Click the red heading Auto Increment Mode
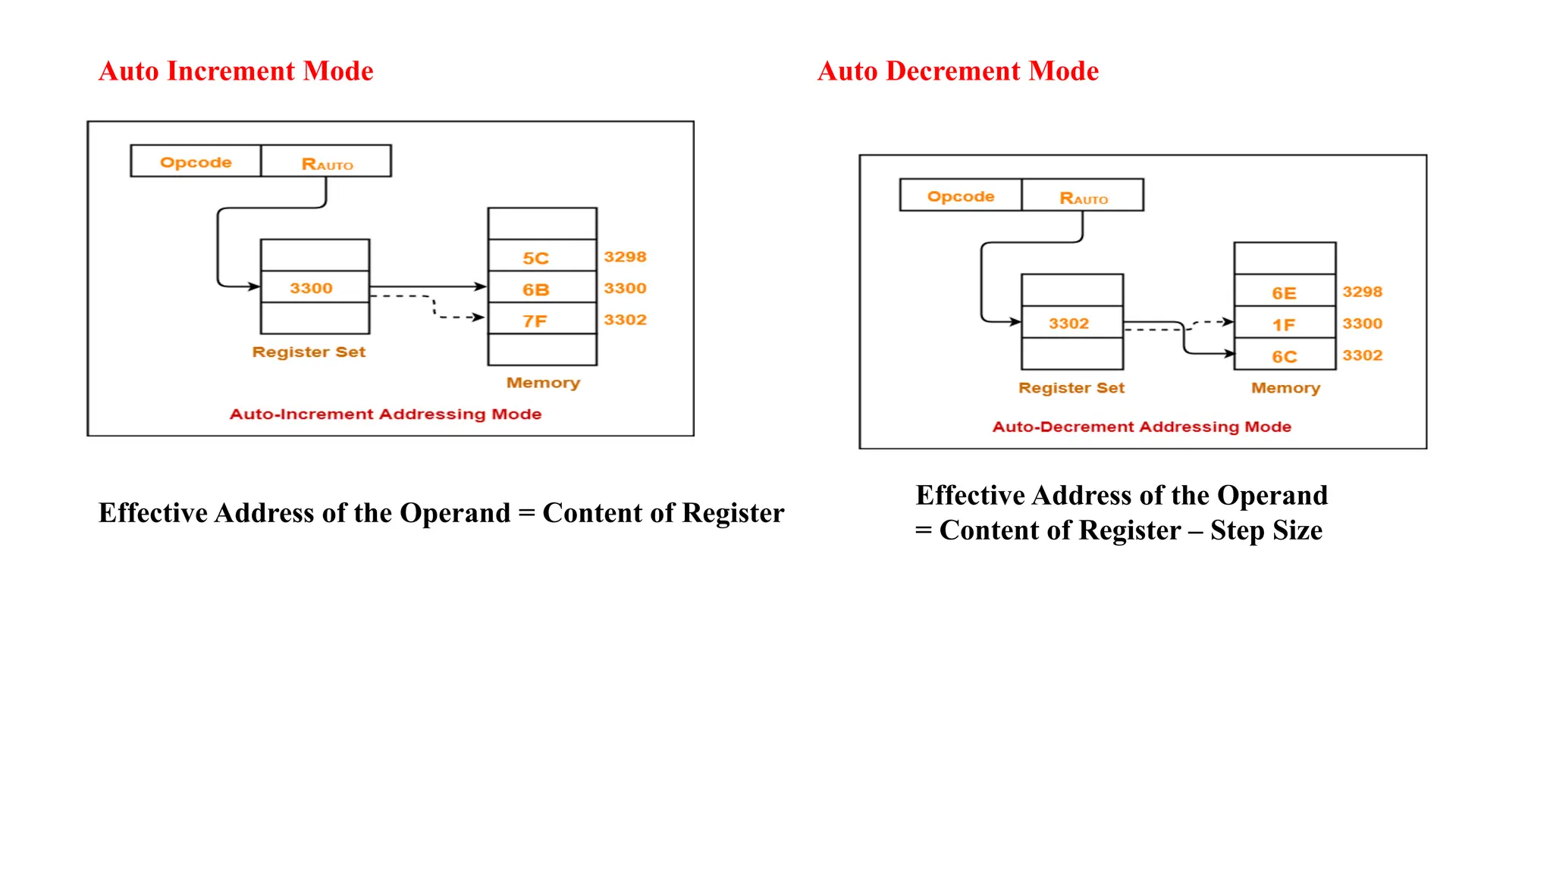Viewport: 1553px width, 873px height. (x=236, y=71)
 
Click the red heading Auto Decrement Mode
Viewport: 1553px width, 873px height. (x=958, y=71)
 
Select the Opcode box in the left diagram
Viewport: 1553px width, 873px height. (x=196, y=161)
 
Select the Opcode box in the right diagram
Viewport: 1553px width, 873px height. (x=961, y=196)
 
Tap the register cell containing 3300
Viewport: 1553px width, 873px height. (x=315, y=287)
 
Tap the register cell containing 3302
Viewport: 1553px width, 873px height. (x=1071, y=323)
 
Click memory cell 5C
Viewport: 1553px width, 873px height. (x=541, y=257)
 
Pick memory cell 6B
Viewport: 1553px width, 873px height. (x=541, y=289)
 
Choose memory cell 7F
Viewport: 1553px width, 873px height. (x=541, y=320)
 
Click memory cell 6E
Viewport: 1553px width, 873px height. (x=1285, y=292)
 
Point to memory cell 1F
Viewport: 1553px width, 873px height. (x=1285, y=324)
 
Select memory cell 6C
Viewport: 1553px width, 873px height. (x=1285, y=355)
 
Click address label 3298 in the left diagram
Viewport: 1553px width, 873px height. (x=625, y=257)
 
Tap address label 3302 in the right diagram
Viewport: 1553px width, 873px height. (x=1362, y=355)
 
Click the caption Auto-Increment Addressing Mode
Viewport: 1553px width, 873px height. (x=385, y=414)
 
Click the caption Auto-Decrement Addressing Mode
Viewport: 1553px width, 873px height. (x=1141, y=427)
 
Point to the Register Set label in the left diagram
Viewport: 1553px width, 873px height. (x=309, y=352)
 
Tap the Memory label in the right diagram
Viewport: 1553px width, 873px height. (x=1285, y=387)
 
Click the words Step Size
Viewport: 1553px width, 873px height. (x=1266, y=530)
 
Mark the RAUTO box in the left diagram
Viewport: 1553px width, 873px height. (x=327, y=162)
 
